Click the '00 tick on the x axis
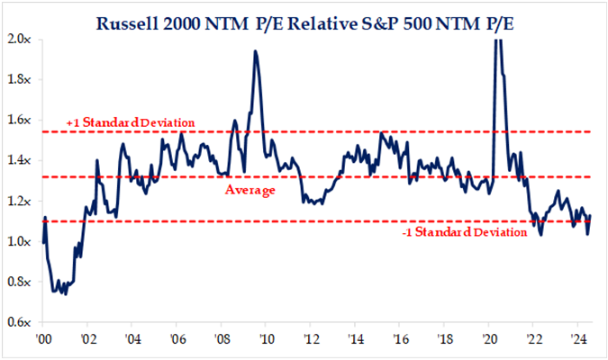pyautogui.click(x=43, y=339)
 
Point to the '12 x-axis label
pyautogui.click(x=311, y=339)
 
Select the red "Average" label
pyautogui.click(x=250, y=190)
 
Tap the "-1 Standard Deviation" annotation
pyautogui.click(x=464, y=232)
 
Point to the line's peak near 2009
pyautogui.click(x=256, y=51)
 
